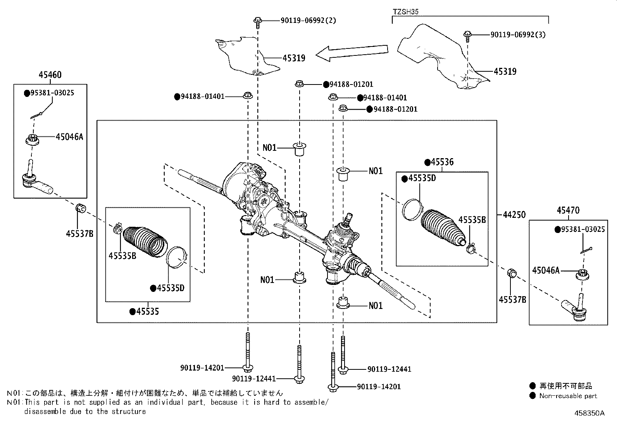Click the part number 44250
(x=514, y=214)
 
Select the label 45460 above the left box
(x=50, y=75)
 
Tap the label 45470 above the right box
(x=568, y=210)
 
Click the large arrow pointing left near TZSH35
(x=352, y=53)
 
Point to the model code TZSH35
(x=405, y=12)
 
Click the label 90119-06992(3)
(x=518, y=34)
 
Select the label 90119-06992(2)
(x=308, y=20)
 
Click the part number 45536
(x=442, y=162)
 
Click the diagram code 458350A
(x=589, y=413)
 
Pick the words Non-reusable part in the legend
(x=568, y=396)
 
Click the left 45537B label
(x=79, y=233)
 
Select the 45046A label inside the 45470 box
(x=546, y=270)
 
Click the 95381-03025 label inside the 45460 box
(x=52, y=93)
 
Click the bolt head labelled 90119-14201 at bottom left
(x=247, y=367)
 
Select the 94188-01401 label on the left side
(x=202, y=96)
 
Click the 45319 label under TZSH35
(x=505, y=71)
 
